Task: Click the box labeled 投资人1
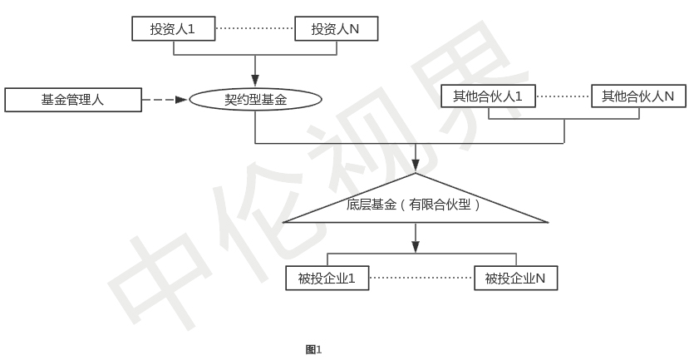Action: [x=173, y=29]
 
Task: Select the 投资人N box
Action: [x=337, y=29]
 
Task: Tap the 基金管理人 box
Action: [x=72, y=100]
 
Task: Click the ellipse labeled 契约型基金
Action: [x=255, y=100]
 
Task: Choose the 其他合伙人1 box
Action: [x=488, y=96]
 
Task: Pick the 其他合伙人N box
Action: [x=638, y=96]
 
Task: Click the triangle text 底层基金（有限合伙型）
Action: [x=414, y=204]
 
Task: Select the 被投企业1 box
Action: [x=327, y=278]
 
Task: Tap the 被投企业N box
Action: [x=515, y=278]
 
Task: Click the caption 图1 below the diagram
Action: [x=313, y=349]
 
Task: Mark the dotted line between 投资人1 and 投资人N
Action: [x=254, y=29]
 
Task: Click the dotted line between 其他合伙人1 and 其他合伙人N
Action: [x=564, y=96]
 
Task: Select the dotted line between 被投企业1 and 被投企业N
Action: [x=421, y=278]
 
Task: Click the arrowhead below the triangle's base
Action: [x=416, y=246]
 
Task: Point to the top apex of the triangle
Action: [x=416, y=174]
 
